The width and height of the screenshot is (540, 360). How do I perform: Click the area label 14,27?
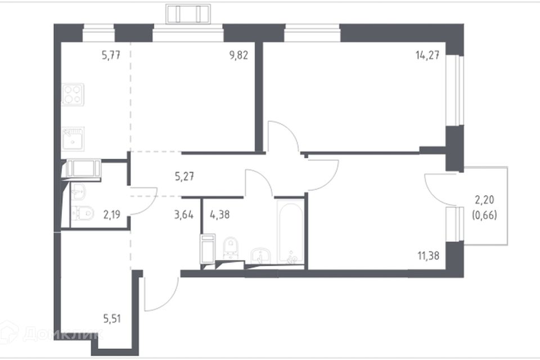[x=427, y=55]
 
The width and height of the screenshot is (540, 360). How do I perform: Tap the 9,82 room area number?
[x=238, y=55]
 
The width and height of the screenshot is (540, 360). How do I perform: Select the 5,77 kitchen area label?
[x=111, y=55]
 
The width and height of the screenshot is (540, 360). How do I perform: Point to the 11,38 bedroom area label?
[x=429, y=256]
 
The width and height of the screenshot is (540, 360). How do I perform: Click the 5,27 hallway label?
[x=184, y=177]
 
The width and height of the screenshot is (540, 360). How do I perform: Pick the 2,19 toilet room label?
[x=111, y=215]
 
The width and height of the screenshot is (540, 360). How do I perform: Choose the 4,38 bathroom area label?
[x=219, y=215]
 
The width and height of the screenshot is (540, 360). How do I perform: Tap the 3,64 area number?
[x=184, y=215]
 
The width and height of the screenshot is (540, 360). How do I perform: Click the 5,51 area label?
[x=112, y=319]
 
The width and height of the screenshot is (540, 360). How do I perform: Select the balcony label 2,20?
[x=484, y=200]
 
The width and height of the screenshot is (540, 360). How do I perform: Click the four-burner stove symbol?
[x=73, y=94]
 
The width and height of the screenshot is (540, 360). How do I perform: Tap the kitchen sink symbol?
[x=73, y=138]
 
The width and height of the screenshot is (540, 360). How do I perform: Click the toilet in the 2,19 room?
[x=83, y=213]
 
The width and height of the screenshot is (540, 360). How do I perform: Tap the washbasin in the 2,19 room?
[x=79, y=191]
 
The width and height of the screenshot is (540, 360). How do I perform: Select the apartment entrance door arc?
[x=168, y=301]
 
